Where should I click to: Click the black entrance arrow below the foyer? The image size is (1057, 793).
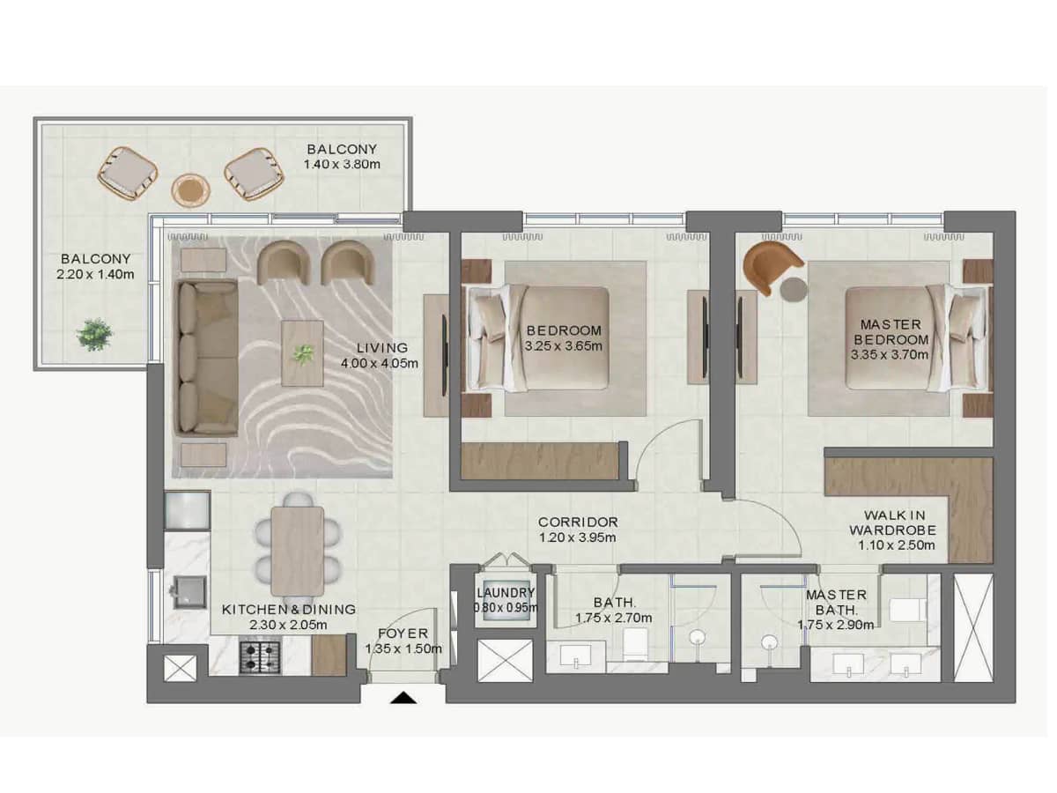(403, 698)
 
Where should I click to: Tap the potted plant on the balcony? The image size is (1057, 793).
(94, 334)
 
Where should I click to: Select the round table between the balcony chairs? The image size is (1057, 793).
(190, 189)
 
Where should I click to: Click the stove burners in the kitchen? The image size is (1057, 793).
(261, 656)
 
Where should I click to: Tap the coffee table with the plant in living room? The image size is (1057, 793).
(302, 353)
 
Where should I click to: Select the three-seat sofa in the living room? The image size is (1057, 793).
(207, 358)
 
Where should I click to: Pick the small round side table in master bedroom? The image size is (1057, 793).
(795, 290)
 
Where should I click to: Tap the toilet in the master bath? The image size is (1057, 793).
(905, 610)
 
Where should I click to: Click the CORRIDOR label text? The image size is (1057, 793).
(578, 522)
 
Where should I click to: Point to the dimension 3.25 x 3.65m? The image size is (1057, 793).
(564, 346)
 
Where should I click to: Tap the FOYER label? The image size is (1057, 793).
(403, 634)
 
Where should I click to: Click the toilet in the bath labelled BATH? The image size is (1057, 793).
(636, 646)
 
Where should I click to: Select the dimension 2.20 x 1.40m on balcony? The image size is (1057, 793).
(96, 274)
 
